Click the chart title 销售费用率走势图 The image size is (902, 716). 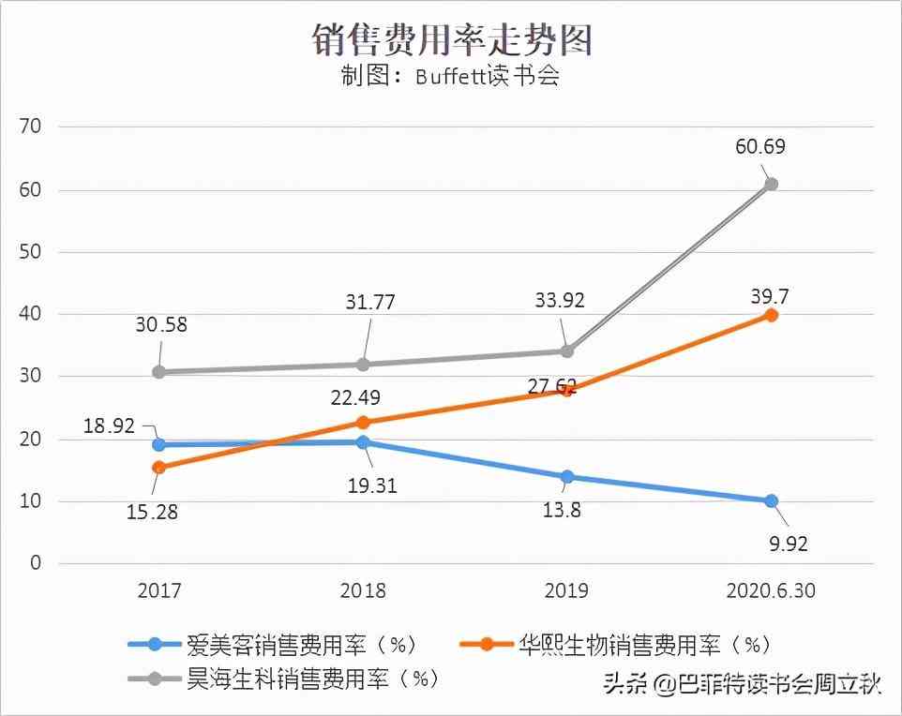451,38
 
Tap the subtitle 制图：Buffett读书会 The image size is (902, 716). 450,76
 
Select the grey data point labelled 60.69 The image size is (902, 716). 771,185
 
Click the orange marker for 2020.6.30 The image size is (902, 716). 771,315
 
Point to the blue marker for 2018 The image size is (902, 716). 363,442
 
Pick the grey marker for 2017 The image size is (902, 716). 158,372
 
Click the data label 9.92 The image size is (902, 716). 788,544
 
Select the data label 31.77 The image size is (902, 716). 369,303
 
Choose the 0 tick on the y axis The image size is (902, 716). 36,563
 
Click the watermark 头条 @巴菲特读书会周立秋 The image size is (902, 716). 740,685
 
